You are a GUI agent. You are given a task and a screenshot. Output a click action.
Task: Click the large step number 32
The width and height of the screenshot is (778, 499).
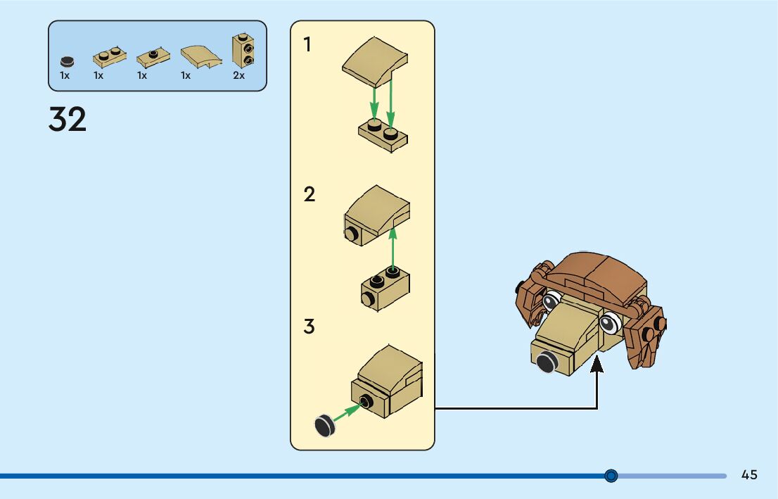[68, 120]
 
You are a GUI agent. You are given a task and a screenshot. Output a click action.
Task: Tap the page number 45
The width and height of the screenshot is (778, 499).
[749, 475]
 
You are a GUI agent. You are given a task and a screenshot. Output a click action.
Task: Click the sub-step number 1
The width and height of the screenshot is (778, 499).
[307, 45]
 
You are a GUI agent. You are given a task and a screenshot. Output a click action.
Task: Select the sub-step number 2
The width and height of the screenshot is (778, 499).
[310, 194]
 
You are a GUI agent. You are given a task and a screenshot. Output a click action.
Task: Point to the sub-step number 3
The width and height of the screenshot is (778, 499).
[310, 327]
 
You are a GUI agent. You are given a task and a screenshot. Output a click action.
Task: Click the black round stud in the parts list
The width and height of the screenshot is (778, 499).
[66, 61]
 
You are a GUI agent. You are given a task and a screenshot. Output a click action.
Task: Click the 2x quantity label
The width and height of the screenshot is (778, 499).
[239, 75]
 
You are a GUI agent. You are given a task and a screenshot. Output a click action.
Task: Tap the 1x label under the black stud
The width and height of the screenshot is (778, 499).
[65, 75]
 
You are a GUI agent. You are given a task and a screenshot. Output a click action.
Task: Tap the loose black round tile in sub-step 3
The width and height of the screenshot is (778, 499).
[324, 425]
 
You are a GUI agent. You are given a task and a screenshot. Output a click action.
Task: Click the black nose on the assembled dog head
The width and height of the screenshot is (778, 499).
[547, 362]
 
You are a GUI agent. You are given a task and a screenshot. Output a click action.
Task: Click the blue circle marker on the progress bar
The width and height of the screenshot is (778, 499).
[611, 476]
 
